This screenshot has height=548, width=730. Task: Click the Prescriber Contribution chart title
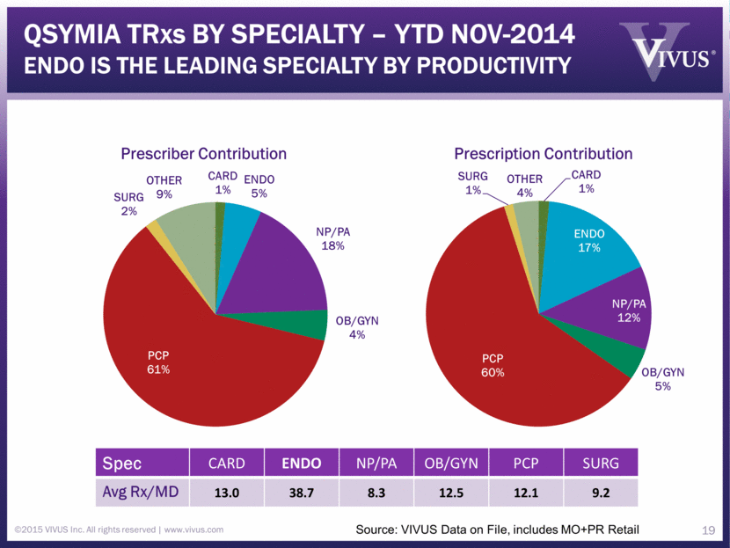pos(204,154)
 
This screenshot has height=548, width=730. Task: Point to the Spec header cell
pos(124,463)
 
